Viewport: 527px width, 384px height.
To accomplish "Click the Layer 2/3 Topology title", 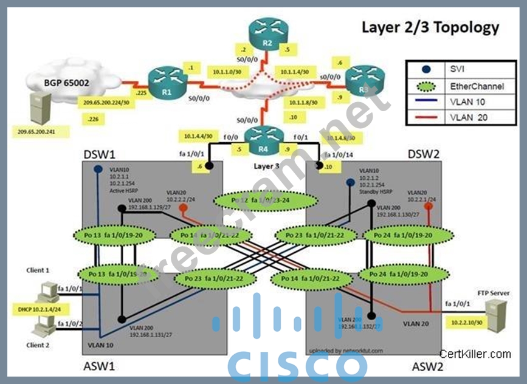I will (430, 27).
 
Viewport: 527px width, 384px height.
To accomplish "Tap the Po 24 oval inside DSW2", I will (398, 235).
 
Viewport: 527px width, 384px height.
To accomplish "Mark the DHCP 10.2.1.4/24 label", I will (35, 309).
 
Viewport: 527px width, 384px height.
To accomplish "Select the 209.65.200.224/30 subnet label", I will (104, 103).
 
